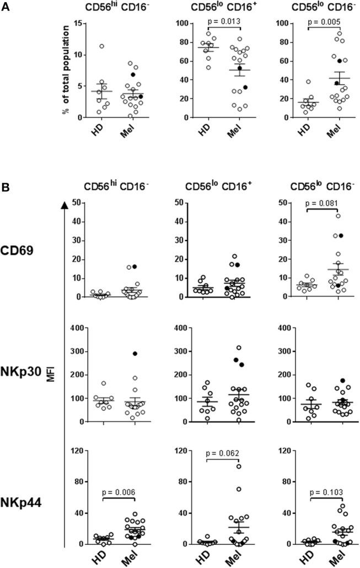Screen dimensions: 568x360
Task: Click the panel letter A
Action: [x=7, y=7]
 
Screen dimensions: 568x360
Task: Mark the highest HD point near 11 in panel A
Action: [x=101, y=46]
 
